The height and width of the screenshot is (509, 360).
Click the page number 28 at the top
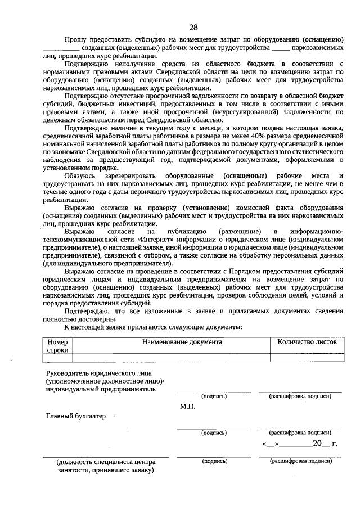[193, 27]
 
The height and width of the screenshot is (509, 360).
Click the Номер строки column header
[57, 345]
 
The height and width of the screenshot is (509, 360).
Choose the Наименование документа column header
[182, 341]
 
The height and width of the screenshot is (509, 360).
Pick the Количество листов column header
[307, 341]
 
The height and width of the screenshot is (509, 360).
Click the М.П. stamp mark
[187, 406]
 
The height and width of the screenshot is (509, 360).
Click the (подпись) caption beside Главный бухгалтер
[214, 433]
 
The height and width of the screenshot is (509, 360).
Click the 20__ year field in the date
[321, 444]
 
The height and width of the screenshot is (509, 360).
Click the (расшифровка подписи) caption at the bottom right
[300, 461]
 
